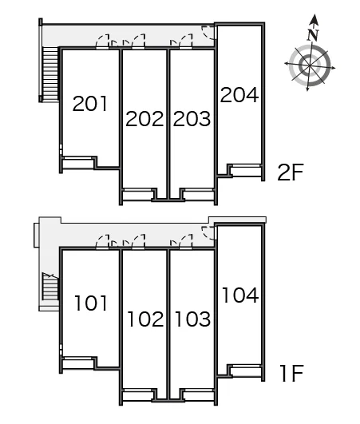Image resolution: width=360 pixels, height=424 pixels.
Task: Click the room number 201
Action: (x=90, y=104)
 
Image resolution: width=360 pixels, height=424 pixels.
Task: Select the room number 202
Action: (x=144, y=119)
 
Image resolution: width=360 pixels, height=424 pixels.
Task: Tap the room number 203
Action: (x=192, y=119)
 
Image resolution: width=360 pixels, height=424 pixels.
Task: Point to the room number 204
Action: (x=239, y=95)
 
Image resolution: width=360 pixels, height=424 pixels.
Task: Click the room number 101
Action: (x=91, y=303)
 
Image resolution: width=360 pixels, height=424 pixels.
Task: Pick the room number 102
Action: (x=145, y=319)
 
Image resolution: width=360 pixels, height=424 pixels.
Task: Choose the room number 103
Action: (x=192, y=319)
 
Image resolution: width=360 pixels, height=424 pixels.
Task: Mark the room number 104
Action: (x=240, y=295)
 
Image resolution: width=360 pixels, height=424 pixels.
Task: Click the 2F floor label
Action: (x=291, y=172)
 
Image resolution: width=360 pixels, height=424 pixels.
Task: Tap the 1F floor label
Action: (x=291, y=374)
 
